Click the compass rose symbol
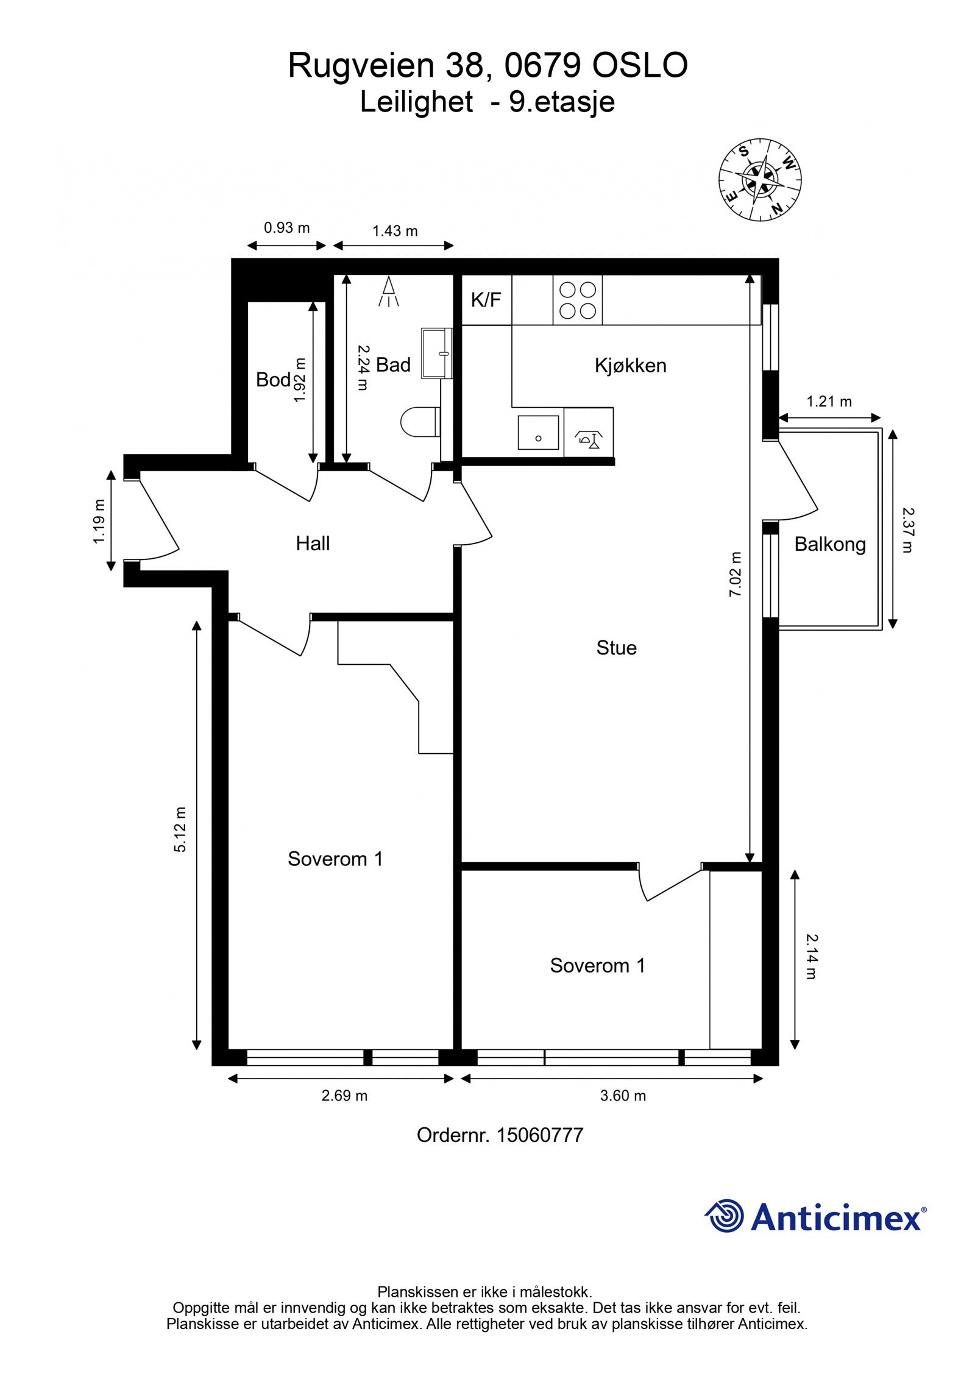[x=760, y=180]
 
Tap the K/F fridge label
[x=486, y=300]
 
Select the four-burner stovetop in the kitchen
[x=577, y=300]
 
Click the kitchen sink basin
[x=538, y=433]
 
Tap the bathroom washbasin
[x=438, y=353]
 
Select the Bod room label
[x=273, y=380]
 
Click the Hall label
[x=313, y=543]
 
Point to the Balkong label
[x=830, y=544]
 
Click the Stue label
[x=616, y=647]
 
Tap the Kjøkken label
[x=630, y=366]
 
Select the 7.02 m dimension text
[x=736, y=573]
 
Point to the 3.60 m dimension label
[x=623, y=1096]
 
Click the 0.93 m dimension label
[x=286, y=228]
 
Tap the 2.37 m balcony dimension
[x=908, y=530]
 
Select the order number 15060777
[x=540, y=1135]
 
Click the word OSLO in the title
[x=640, y=66]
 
